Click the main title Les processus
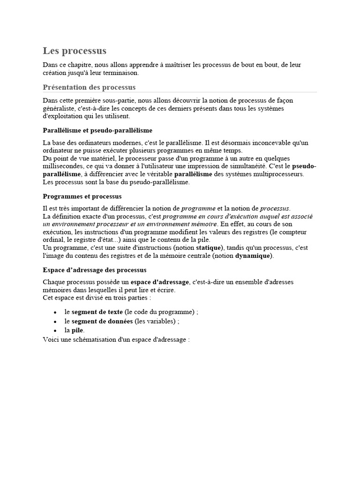coord(75,51)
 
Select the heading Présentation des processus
coord(89,87)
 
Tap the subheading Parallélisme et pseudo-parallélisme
coord(97,130)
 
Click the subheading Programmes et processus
coord(82,196)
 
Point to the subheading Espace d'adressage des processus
coord(95,270)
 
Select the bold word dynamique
coord(252,255)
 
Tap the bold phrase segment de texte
coord(97,312)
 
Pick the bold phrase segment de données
coord(102,321)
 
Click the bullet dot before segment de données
coord(55,322)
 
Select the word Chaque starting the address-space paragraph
coord(54,282)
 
